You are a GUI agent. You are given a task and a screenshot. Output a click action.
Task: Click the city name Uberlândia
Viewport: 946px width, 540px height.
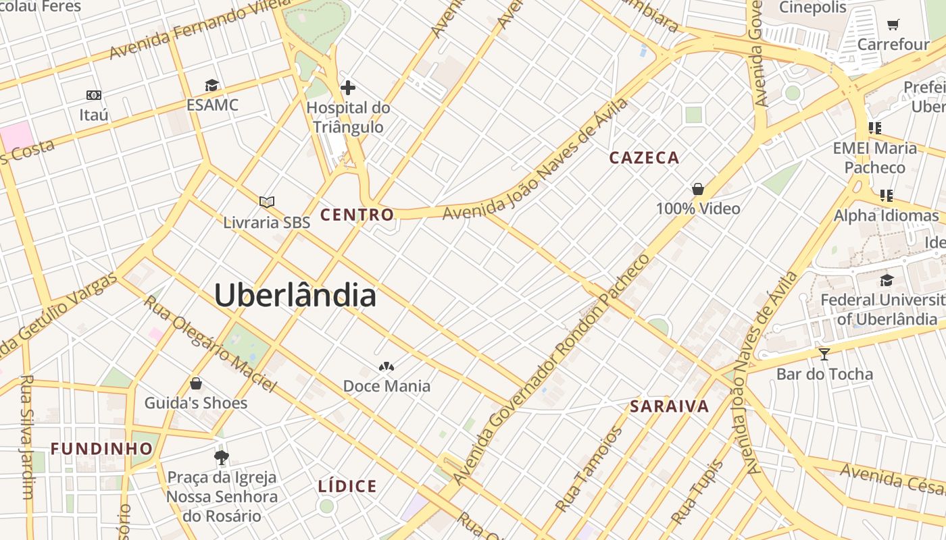click(295, 296)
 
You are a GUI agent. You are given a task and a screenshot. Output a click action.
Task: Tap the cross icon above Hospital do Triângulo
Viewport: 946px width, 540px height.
click(348, 88)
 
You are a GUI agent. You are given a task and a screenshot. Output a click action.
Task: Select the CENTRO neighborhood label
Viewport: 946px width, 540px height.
click(357, 215)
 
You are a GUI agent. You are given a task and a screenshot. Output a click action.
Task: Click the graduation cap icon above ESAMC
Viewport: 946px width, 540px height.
click(212, 85)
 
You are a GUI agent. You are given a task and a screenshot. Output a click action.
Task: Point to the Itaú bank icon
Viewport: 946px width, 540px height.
click(94, 95)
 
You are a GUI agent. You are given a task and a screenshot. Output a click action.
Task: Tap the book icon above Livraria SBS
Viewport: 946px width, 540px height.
click(267, 202)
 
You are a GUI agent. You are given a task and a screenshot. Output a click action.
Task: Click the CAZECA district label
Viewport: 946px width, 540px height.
click(644, 158)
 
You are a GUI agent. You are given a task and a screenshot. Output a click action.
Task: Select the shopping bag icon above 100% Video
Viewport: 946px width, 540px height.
click(698, 189)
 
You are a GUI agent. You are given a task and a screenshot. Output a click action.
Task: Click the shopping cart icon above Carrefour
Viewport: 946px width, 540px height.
click(893, 25)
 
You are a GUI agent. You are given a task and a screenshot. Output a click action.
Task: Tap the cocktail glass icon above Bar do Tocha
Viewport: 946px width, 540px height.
click(824, 354)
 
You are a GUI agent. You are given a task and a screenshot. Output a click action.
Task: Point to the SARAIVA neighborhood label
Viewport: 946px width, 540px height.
click(670, 406)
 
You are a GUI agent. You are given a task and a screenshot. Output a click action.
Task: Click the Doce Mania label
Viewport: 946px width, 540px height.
click(387, 386)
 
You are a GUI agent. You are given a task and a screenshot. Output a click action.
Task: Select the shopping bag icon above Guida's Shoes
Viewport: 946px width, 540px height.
click(196, 383)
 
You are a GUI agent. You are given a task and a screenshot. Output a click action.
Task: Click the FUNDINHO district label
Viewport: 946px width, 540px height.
click(102, 449)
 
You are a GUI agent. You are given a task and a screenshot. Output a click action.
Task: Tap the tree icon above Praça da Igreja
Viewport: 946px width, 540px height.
click(221, 458)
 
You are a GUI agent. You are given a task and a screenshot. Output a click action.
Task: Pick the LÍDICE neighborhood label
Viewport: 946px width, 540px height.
click(347, 486)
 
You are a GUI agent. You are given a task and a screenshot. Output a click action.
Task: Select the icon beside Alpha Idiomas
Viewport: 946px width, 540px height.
click(886, 196)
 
